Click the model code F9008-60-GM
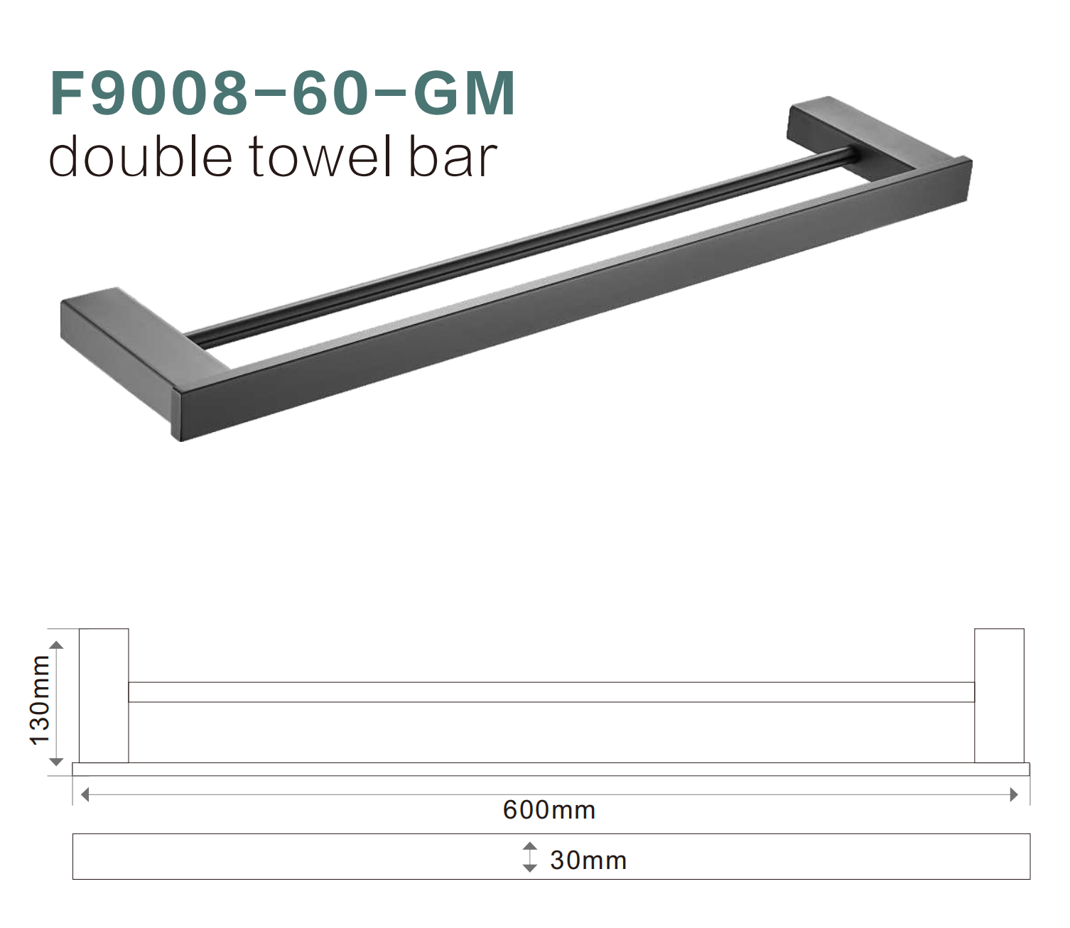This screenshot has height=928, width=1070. coord(282,94)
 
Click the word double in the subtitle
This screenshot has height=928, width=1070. coord(140,157)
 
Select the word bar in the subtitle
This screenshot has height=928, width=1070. coord(452,157)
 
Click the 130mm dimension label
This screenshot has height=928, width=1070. coord(40,700)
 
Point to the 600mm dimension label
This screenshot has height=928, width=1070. coord(548,810)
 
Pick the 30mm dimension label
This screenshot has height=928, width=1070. coord(588,860)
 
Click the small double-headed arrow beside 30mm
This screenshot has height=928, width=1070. coord(529,857)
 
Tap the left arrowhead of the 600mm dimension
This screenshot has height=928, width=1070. coord(85,794)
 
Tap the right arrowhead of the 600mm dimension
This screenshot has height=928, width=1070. coord(1014,794)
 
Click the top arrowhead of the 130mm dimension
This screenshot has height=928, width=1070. coord(57,644)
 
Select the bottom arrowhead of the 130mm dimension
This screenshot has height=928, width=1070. coord(57,762)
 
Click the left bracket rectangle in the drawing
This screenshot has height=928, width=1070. coord(104,696)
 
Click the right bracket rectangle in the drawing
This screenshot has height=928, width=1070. coord(999,696)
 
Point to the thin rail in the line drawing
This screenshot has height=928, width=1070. coord(551,692)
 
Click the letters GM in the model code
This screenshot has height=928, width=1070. coord(463,94)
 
